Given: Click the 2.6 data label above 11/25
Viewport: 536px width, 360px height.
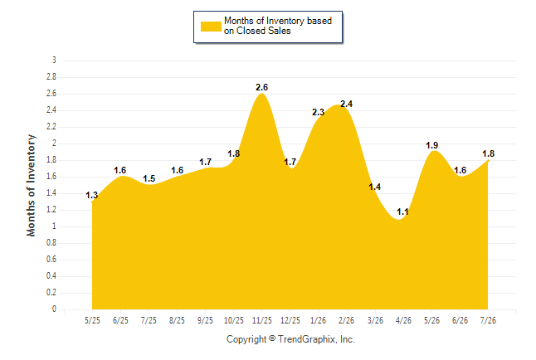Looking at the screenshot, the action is [x=262, y=88].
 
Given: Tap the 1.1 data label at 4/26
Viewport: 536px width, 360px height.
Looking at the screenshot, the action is [x=402, y=212].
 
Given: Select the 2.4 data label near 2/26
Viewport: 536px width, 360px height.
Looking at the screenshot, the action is [x=346, y=104].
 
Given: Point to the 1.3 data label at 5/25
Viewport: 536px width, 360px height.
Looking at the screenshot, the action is [x=91, y=195].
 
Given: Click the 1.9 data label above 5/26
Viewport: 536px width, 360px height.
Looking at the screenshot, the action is [x=432, y=145].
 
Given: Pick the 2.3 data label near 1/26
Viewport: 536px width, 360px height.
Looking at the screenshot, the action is [x=319, y=112].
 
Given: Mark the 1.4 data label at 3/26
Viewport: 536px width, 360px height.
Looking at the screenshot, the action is [x=375, y=187].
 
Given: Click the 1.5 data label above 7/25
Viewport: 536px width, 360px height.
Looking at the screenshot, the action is [x=149, y=178].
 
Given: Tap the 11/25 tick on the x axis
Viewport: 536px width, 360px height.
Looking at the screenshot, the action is [x=262, y=320].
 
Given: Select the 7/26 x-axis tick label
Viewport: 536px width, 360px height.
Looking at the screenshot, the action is [x=488, y=320].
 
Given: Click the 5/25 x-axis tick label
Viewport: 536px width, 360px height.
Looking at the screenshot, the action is [x=92, y=320].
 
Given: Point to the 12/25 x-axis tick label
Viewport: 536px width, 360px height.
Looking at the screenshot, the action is [x=290, y=320].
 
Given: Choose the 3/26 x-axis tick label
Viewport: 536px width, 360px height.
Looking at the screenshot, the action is [x=375, y=320].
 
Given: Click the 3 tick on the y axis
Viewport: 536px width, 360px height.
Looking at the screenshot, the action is [x=54, y=61].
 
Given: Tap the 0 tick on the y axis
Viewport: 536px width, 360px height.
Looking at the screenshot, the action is [x=54, y=309].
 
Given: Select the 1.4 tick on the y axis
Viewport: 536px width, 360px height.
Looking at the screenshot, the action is [x=51, y=192].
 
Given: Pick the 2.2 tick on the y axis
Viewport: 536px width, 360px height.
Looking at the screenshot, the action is [x=51, y=126].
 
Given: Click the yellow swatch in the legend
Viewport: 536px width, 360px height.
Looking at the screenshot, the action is [x=211, y=27].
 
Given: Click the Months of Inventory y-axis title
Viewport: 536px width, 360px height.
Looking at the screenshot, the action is [x=31, y=185].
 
